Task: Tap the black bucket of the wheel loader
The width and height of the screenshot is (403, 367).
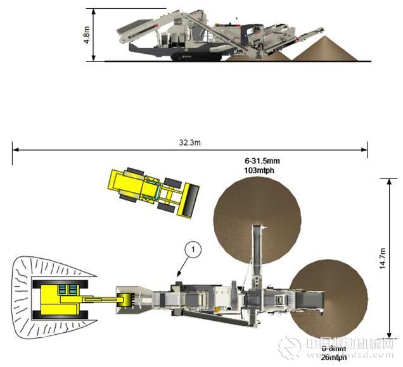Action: [x=191, y=200]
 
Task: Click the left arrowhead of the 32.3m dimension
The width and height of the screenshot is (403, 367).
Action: [x=14, y=150]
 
